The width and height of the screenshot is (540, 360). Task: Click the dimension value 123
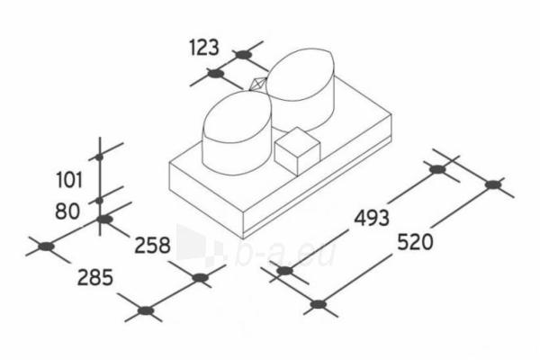tap(204, 48)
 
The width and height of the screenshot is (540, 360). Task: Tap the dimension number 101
tap(69, 180)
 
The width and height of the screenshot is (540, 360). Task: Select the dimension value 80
tap(67, 211)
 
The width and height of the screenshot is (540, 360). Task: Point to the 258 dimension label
tap(152, 246)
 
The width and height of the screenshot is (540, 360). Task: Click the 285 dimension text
tap(95, 277)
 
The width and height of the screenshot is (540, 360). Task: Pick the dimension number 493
tap(372, 218)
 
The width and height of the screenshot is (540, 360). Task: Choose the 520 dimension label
tap(415, 242)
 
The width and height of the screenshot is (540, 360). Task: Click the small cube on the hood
tap(297, 151)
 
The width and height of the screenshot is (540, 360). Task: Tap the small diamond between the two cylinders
tap(258, 85)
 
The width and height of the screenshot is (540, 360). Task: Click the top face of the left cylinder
tap(237, 116)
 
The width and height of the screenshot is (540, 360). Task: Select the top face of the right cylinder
tap(300, 74)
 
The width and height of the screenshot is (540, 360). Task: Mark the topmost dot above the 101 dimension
tap(100, 157)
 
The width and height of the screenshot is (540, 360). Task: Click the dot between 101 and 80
tap(100, 200)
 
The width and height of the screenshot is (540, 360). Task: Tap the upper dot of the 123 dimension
tap(243, 54)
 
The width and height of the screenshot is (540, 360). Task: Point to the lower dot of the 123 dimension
tap(216, 74)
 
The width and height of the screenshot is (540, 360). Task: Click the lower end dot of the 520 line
tap(318, 304)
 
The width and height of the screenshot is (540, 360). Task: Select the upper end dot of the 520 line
tap(493, 184)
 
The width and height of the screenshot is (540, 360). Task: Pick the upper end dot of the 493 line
tap(437, 169)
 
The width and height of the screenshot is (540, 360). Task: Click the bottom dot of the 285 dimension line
tap(146, 310)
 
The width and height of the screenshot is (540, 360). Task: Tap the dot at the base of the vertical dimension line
tap(104, 219)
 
